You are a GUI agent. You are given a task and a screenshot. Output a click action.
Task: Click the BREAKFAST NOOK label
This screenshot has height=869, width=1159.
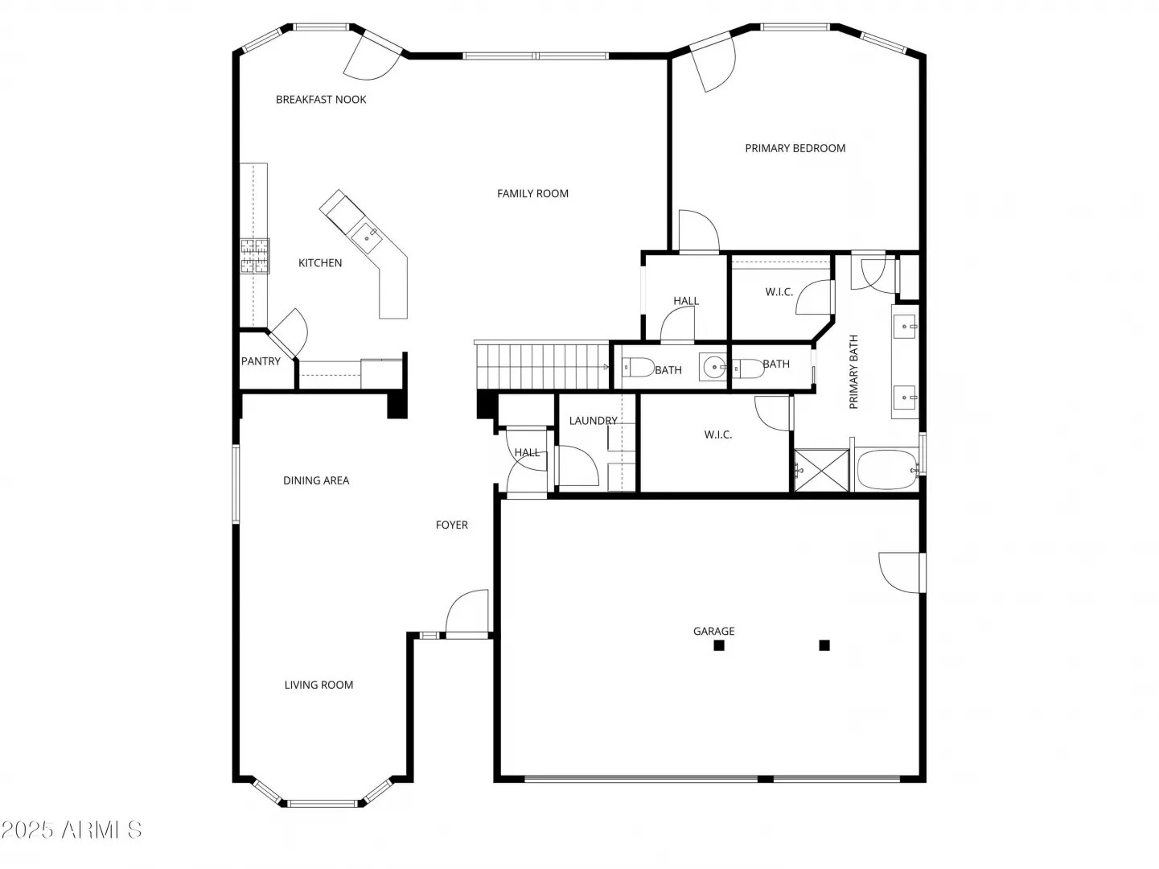pos(321,99)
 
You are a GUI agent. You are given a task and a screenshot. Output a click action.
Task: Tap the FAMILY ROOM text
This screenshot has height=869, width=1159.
pos(532,193)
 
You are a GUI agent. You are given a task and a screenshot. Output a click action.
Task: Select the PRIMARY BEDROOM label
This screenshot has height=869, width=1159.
pos(795,148)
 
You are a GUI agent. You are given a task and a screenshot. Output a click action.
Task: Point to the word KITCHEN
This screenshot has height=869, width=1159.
pos(320,262)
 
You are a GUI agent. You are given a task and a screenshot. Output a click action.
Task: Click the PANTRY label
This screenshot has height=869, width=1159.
pos(261,361)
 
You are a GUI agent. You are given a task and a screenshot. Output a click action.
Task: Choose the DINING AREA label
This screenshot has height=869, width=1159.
pos(316,480)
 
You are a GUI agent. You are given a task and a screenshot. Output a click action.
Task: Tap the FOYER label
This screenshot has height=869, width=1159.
pos(452,525)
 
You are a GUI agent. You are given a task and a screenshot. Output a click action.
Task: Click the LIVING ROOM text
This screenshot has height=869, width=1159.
pos(319,685)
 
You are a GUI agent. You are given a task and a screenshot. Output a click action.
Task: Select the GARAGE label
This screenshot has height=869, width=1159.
pos(714,631)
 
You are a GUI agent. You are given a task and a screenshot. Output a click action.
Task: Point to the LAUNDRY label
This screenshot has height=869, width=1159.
pos(594,421)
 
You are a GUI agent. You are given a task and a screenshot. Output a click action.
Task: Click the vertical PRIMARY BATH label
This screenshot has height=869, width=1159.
pos(853,372)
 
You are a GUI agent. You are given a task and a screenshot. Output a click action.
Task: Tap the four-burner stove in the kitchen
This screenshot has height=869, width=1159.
pos(255,256)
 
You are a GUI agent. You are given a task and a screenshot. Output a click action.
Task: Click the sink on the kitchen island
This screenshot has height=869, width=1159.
pos(367,238)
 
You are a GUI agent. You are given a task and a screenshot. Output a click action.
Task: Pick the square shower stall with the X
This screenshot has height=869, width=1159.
pos(821,470)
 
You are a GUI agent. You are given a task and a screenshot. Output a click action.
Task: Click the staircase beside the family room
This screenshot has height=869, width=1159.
pos(542,366)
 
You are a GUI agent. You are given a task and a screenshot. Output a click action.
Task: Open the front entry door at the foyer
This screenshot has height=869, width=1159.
pos(467,613)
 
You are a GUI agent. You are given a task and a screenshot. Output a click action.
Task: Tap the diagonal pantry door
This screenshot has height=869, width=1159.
pos(288,333)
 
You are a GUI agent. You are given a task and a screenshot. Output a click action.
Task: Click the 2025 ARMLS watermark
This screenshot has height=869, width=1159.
pos(72,830)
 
